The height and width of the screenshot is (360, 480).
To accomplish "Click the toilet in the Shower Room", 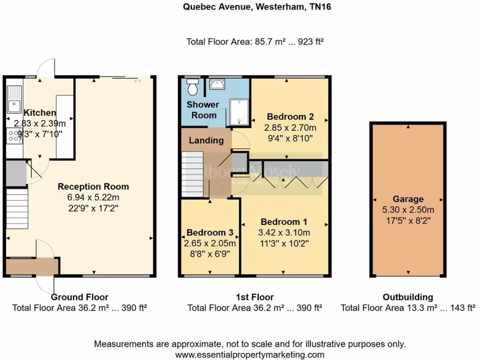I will (x=192, y=87).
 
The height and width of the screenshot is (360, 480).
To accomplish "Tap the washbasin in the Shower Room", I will (x=216, y=85).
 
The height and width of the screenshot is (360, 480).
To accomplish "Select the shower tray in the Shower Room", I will (x=239, y=112).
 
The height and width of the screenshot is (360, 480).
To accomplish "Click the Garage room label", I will (x=408, y=199).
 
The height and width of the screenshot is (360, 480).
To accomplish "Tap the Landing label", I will (x=206, y=140).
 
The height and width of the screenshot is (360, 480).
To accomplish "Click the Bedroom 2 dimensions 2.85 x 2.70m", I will (x=290, y=127).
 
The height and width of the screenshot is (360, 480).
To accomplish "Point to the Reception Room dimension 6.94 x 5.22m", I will (x=93, y=197).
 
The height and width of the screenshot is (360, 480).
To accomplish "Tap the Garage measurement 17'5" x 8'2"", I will (x=408, y=219).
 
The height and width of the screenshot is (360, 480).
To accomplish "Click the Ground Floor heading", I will (x=79, y=297).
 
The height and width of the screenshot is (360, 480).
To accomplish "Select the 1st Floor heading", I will (x=255, y=297).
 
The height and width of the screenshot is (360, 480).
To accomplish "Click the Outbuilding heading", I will (x=408, y=297).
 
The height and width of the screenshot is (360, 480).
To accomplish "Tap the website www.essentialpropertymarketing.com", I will (x=250, y=355).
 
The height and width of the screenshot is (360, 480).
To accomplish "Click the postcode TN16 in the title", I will (x=320, y=7).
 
